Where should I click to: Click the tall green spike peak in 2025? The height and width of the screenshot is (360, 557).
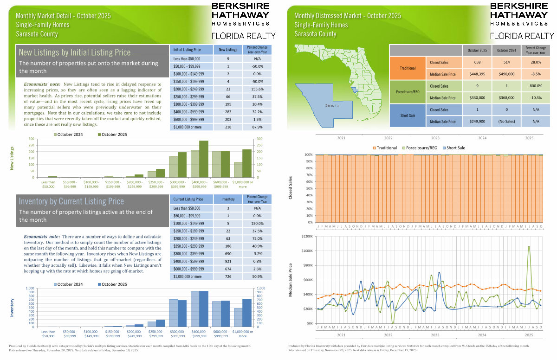pos(529,246)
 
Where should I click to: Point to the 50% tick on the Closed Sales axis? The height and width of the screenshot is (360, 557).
pos(308,188)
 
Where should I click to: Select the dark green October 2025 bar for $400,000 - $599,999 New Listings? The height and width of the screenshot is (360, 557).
pos(204,159)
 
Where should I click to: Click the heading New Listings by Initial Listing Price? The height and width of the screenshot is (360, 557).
pos(75,53)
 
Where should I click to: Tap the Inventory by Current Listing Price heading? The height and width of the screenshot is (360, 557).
pos(71,201)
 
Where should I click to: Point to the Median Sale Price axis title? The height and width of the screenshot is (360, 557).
pos(290,279)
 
